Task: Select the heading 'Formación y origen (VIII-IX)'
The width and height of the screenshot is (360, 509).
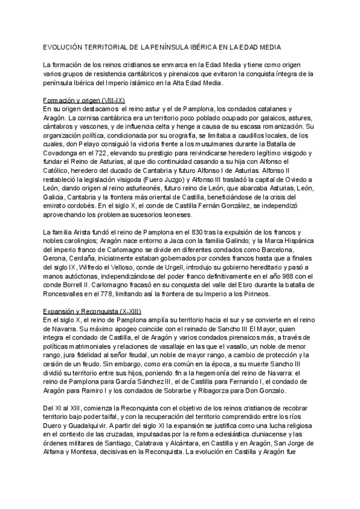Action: [83, 100]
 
